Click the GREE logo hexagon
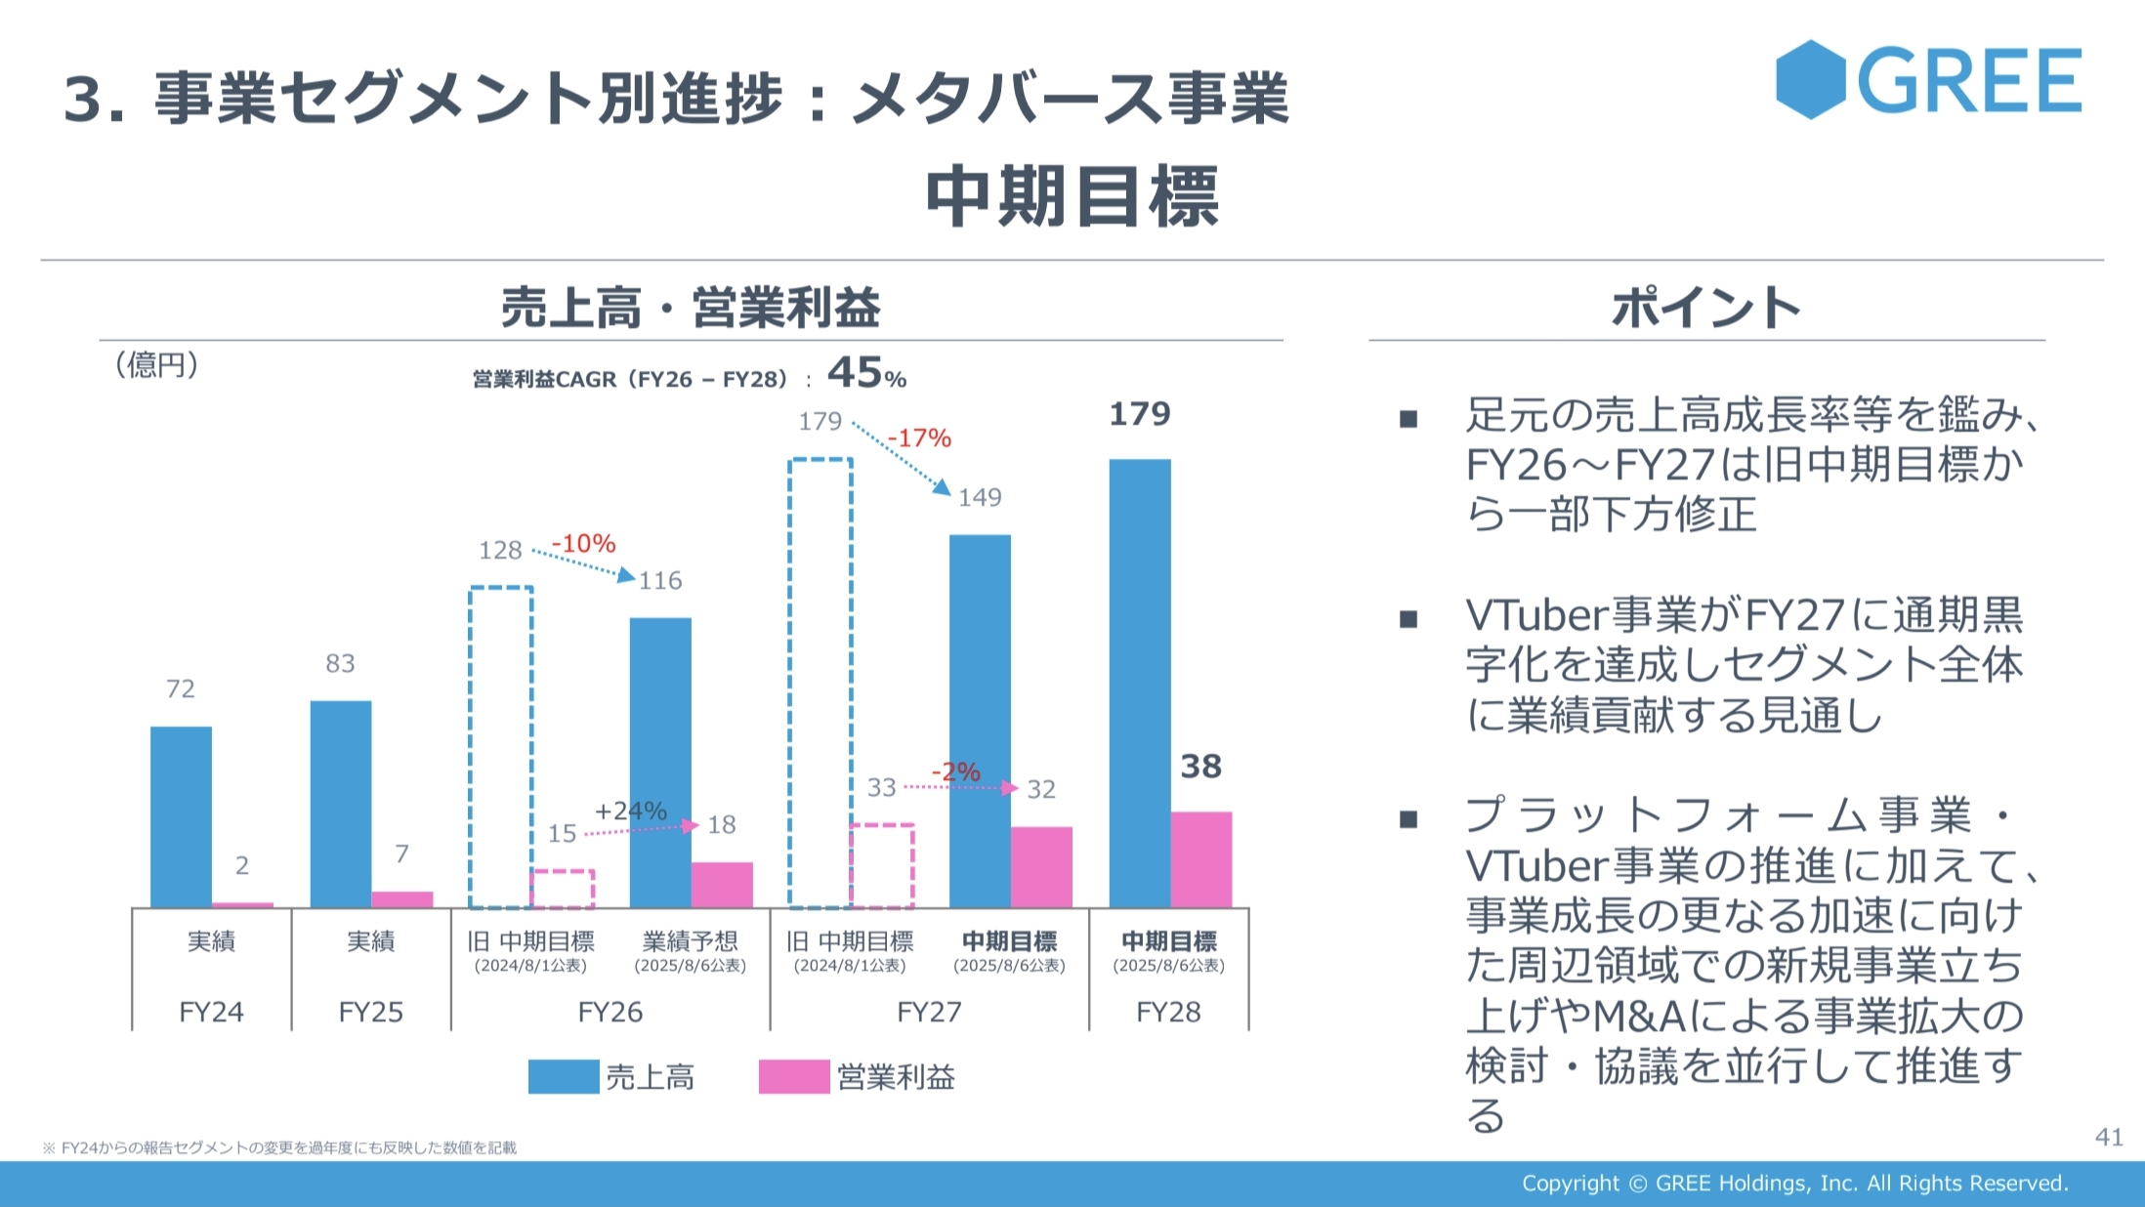point(1810,80)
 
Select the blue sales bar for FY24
point(181,816)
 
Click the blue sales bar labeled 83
point(341,804)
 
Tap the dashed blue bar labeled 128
point(501,747)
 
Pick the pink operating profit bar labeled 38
point(1201,859)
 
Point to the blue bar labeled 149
point(980,721)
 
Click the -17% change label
point(919,438)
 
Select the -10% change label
point(583,544)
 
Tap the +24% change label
point(630,812)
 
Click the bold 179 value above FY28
point(1139,414)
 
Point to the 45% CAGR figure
point(866,373)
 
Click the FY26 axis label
point(610,1012)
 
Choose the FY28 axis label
point(1168,1012)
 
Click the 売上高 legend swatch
point(564,1076)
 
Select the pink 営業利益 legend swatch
point(793,1076)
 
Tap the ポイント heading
point(1705,308)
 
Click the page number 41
point(2109,1137)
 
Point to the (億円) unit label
point(156,365)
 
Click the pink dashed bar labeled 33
point(882,866)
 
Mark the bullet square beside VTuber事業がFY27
point(1409,619)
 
